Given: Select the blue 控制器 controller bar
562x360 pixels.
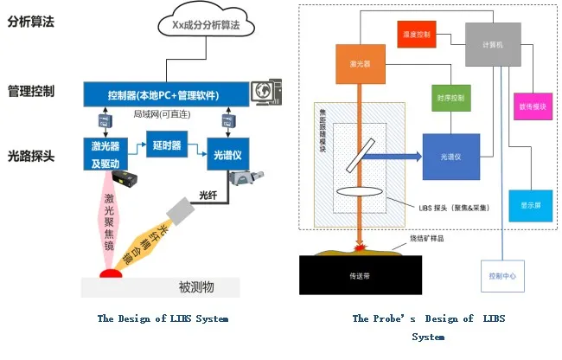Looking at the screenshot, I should tap(165, 93).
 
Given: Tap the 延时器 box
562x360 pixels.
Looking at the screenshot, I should tap(165, 145).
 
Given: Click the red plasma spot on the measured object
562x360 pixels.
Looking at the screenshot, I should tap(111, 275).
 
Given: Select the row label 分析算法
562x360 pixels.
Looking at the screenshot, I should tap(30, 22).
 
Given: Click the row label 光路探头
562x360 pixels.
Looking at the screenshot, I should tap(30, 157).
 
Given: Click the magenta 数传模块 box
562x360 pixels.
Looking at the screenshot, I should tap(532, 104).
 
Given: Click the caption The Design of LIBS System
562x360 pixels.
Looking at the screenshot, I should tap(163, 318).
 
